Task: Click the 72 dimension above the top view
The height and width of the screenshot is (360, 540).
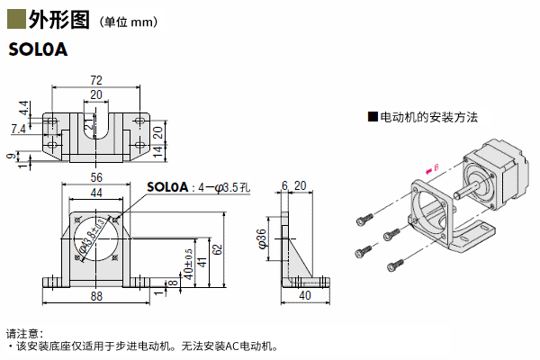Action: click(x=96, y=79)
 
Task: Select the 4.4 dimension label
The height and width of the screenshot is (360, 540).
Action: click(x=22, y=109)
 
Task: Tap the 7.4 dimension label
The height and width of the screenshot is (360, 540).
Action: click(x=18, y=130)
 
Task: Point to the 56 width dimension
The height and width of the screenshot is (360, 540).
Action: click(x=96, y=178)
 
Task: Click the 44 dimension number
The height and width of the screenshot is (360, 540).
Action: click(x=96, y=193)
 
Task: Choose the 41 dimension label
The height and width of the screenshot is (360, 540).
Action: click(x=202, y=261)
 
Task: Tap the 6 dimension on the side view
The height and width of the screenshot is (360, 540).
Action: click(x=284, y=186)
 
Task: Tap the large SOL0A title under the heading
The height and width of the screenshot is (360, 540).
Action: click(x=39, y=50)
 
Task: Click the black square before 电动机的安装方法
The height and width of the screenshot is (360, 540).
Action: click(x=372, y=117)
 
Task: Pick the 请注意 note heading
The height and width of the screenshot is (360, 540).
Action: click(x=25, y=332)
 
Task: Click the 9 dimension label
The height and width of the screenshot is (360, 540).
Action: click(x=10, y=157)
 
